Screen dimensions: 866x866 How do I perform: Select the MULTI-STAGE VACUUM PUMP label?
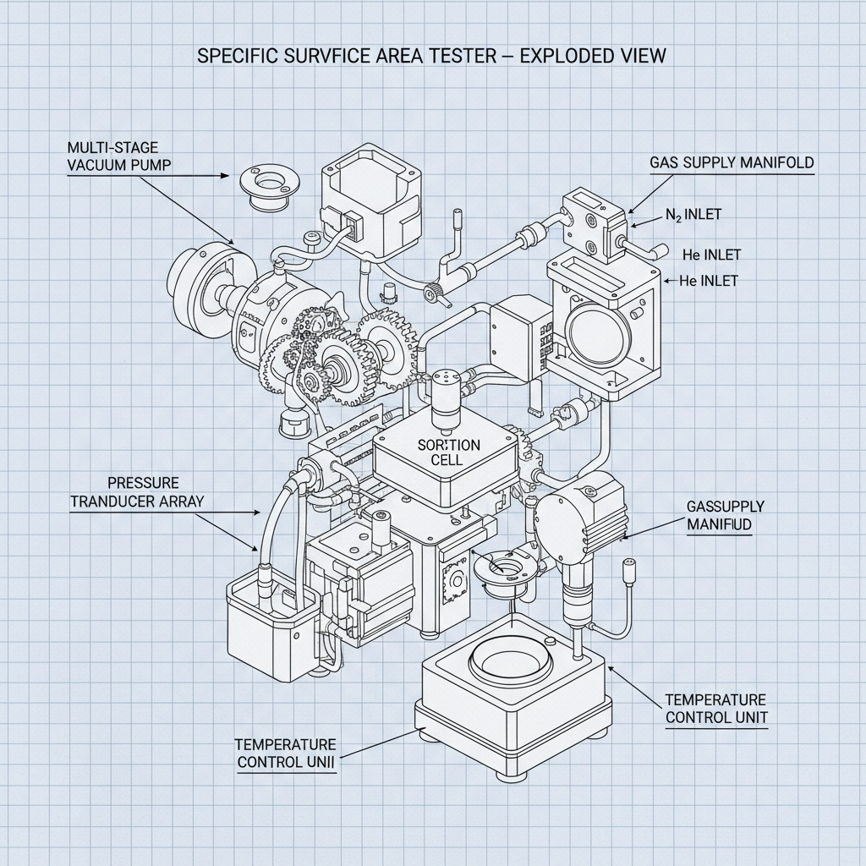pos(118,156)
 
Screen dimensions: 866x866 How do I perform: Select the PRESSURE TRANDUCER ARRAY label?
pos(136,491)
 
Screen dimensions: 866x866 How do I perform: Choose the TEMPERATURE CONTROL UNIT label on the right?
pos(715,709)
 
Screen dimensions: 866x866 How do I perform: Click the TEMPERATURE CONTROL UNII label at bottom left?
pos(287,753)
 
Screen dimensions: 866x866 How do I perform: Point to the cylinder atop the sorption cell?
pos(446,394)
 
